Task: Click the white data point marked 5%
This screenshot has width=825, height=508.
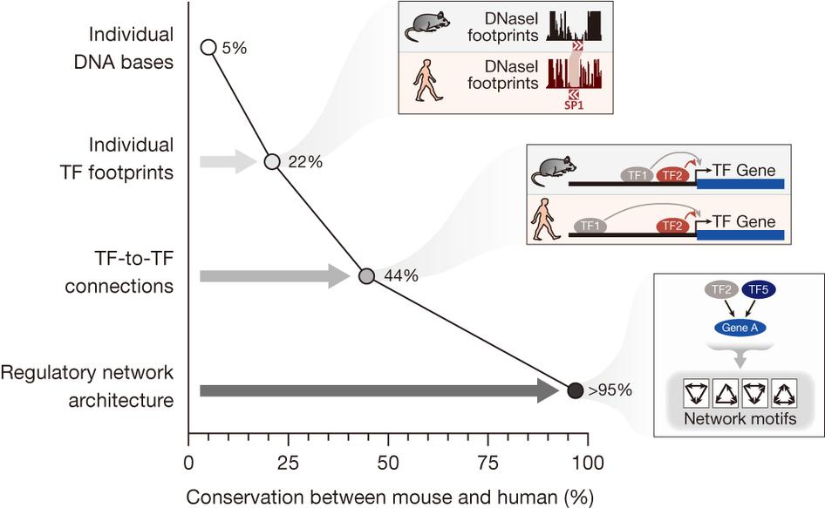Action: (208, 47)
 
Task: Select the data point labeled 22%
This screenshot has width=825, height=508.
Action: (272, 161)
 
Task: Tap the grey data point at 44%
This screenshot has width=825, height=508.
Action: (367, 276)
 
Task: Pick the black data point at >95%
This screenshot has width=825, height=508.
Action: (575, 390)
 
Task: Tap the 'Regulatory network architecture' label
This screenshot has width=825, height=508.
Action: (87, 386)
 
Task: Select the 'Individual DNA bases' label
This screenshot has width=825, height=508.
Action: (131, 50)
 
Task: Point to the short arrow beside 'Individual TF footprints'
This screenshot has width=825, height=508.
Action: (228, 161)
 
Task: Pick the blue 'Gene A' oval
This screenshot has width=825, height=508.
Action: (737, 329)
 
